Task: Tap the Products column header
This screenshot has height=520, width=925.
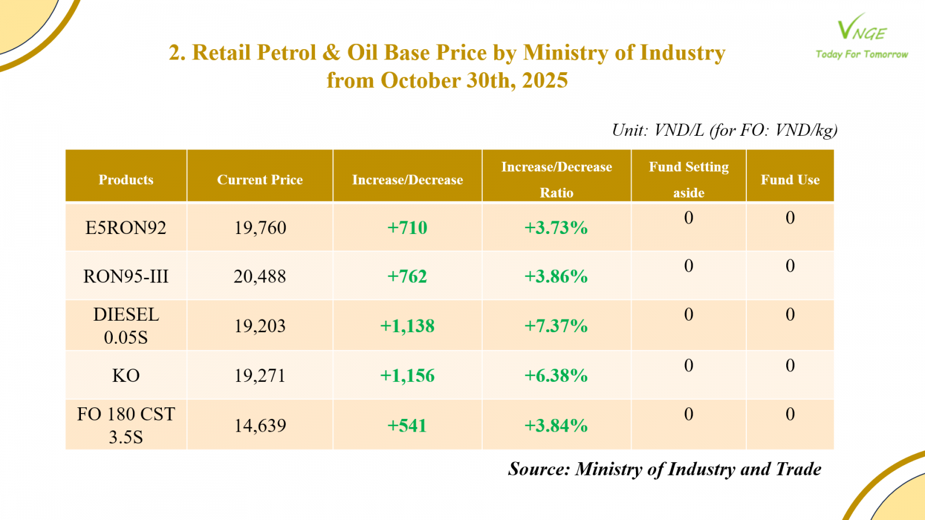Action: pos(126,180)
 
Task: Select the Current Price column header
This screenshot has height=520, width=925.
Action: pos(260,180)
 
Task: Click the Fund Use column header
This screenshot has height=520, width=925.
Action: pos(790,180)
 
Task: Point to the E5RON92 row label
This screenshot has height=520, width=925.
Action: pos(126,228)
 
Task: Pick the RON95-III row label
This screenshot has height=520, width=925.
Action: pos(126,276)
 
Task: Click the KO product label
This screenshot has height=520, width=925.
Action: pos(126,376)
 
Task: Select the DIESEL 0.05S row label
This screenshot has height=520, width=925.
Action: pos(126,325)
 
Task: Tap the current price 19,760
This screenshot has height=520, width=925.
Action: pos(260,228)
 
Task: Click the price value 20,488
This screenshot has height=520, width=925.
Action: pos(260,276)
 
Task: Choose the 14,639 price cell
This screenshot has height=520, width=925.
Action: pos(260,426)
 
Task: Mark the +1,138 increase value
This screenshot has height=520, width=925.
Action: pos(407,326)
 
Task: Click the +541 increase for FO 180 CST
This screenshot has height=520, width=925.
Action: pos(407,426)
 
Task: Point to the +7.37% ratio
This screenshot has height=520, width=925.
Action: pos(556,326)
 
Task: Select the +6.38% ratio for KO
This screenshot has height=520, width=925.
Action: pos(556,376)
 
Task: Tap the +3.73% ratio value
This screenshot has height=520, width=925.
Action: pos(556,228)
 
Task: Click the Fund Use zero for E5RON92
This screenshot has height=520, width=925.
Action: pos(790,218)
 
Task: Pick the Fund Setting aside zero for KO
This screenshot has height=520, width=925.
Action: pos(689,365)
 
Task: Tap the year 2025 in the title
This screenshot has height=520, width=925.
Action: pos(545,80)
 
